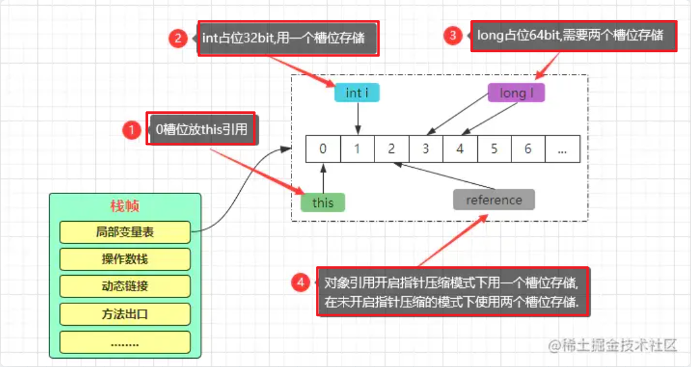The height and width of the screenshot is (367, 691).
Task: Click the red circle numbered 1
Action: (x=131, y=130)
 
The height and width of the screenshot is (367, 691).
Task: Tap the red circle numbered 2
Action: (x=178, y=38)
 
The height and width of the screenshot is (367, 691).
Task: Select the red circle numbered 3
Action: (x=453, y=35)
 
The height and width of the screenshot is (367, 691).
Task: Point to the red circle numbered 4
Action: (x=300, y=282)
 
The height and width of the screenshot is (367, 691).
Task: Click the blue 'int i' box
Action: (x=357, y=93)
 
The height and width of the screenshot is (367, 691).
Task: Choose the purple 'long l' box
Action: (x=516, y=93)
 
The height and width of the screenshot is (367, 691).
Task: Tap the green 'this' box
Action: (x=323, y=202)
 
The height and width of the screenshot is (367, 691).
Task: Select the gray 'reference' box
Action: (x=494, y=200)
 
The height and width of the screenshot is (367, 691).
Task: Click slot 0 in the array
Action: (x=323, y=149)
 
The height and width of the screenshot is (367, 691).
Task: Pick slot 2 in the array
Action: (x=391, y=149)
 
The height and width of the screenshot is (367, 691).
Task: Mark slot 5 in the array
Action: (x=494, y=149)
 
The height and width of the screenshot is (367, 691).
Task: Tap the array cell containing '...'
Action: (x=562, y=149)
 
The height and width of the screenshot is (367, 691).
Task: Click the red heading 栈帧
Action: (x=125, y=206)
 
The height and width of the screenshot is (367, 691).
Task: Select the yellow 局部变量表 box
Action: (x=125, y=233)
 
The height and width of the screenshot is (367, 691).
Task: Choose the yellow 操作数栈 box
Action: (x=125, y=259)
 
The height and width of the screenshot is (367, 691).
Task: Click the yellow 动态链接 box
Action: (x=125, y=286)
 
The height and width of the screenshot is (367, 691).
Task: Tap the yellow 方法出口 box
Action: (x=125, y=314)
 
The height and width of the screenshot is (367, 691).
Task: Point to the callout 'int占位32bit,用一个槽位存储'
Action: (x=288, y=38)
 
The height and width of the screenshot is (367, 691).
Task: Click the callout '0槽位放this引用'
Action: (x=201, y=129)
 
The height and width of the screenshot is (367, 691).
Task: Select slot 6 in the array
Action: (x=528, y=149)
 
